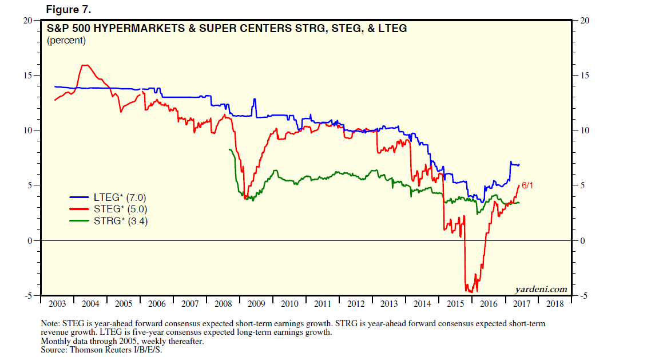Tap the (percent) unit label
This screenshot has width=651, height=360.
[x=66, y=40]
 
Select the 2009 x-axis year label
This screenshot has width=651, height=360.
[x=257, y=304]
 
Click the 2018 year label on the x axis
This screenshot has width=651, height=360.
[x=555, y=304]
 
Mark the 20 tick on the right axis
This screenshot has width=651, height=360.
[x=583, y=21]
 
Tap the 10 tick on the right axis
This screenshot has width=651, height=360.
[x=583, y=130]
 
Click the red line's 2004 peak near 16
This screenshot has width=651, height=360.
[x=85, y=65]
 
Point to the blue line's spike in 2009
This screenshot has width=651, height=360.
[x=254, y=100]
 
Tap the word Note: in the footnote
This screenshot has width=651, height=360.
[x=51, y=324]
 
